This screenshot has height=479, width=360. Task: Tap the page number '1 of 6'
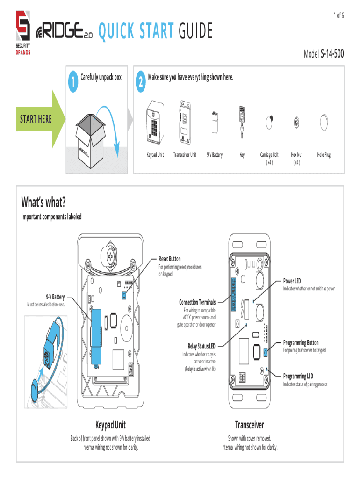(338, 16)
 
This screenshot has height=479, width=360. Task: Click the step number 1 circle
(73, 82)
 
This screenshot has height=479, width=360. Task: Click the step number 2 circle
(140, 82)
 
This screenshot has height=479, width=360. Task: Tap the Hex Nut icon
(296, 123)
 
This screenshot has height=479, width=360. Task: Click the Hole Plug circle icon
(324, 123)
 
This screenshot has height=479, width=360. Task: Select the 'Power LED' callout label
(292, 281)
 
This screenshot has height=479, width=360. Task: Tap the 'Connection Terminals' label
(197, 302)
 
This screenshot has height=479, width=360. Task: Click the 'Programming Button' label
(301, 343)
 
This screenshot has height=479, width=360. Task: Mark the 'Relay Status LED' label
(202, 346)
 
